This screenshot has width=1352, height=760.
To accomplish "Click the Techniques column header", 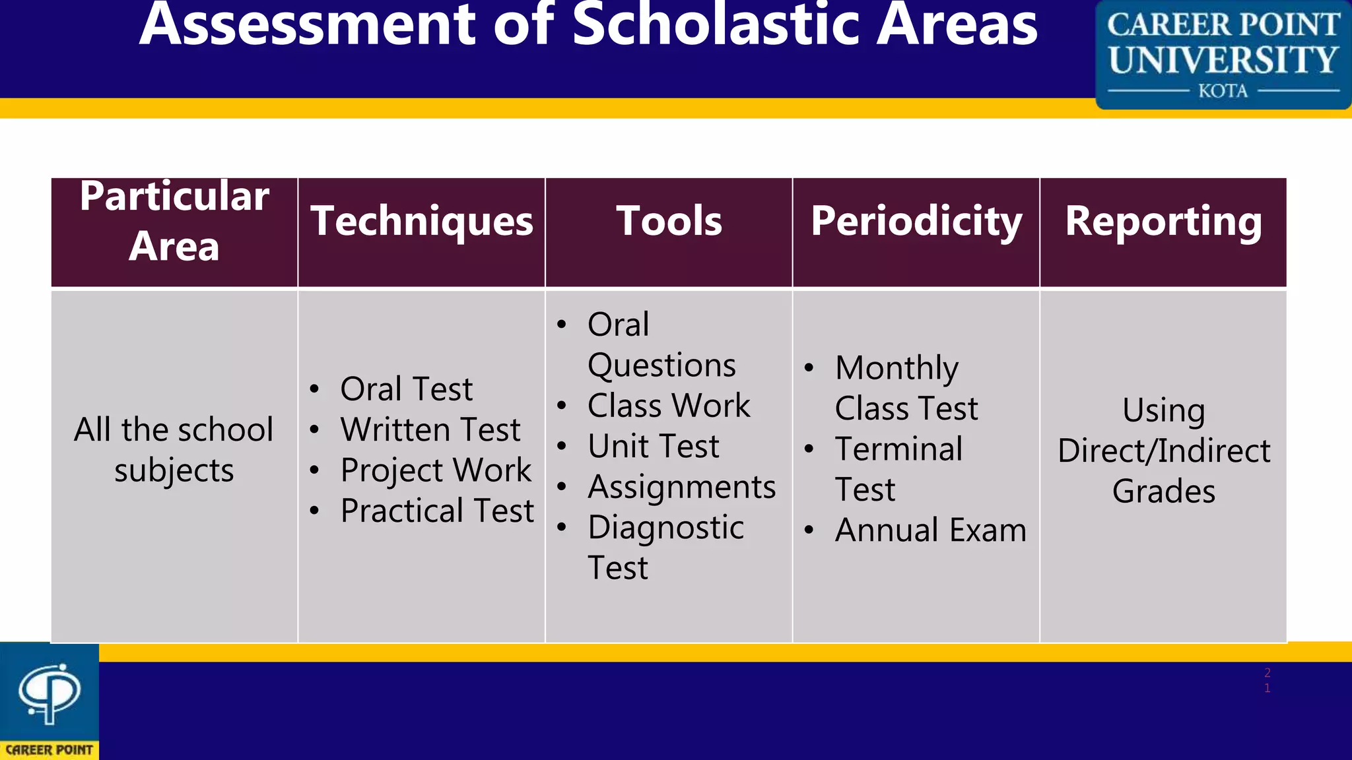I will click(x=421, y=222).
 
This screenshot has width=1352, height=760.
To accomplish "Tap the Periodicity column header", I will click(x=916, y=222).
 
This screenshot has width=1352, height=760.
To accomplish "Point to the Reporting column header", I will click(x=1163, y=222).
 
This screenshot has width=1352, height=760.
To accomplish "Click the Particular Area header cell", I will click(x=174, y=222).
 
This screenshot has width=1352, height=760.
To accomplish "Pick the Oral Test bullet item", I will click(x=406, y=389).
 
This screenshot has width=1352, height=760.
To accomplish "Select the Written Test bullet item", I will click(x=430, y=429).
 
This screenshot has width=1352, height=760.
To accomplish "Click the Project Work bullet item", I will click(x=436, y=470).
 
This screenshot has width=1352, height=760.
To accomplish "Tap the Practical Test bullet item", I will click(x=437, y=511).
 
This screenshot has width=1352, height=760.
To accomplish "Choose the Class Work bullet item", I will click(x=669, y=405).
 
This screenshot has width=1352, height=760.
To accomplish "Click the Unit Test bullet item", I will click(x=653, y=446).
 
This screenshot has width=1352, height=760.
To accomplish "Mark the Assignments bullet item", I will click(x=681, y=487).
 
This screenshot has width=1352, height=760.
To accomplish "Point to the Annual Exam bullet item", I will click(x=930, y=530).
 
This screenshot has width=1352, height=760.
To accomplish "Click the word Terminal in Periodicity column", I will click(x=898, y=449).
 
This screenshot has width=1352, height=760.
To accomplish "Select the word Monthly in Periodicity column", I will click(x=896, y=368).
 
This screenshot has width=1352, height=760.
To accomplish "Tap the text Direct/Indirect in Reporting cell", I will click(x=1163, y=451).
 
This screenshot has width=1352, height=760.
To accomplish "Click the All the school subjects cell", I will click(x=174, y=450).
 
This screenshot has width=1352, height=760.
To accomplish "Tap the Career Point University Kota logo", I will click(x=1223, y=55).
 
